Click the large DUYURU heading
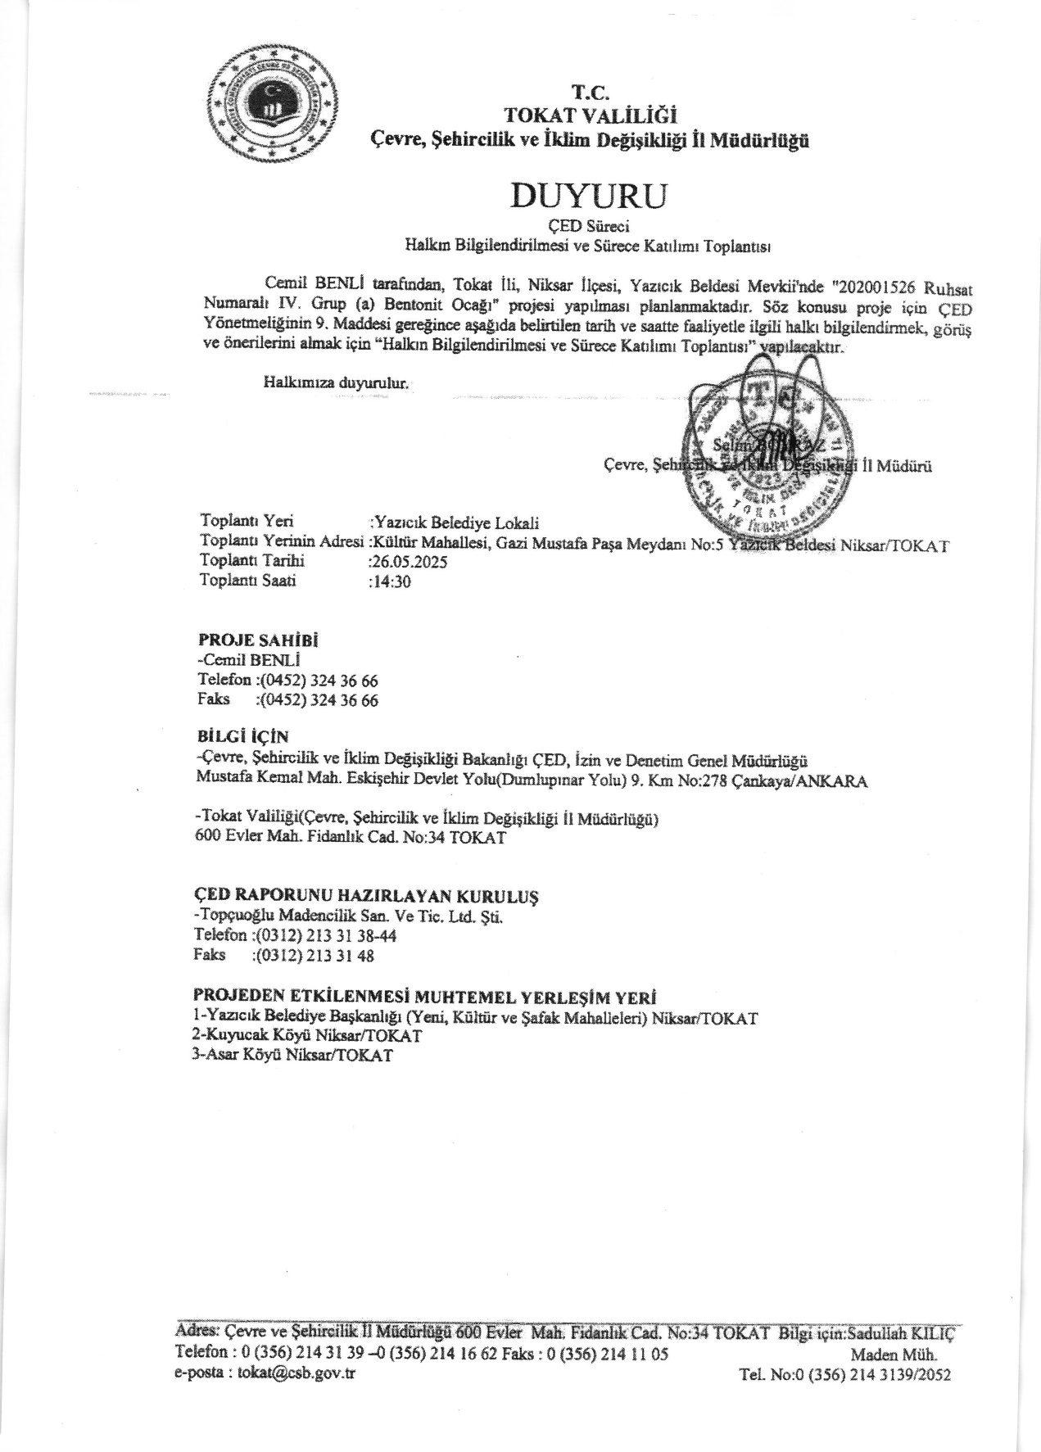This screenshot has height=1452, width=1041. (x=589, y=196)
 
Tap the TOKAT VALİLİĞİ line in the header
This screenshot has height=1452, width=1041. (x=590, y=115)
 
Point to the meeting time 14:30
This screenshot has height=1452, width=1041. (x=391, y=581)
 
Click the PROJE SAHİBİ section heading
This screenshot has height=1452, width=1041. (x=258, y=640)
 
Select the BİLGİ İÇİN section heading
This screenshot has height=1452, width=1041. (x=242, y=738)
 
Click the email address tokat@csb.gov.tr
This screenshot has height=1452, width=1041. (x=296, y=1373)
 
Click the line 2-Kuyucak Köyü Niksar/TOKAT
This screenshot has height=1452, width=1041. (x=306, y=1036)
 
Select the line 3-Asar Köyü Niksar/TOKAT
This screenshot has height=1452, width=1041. (x=292, y=1056)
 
